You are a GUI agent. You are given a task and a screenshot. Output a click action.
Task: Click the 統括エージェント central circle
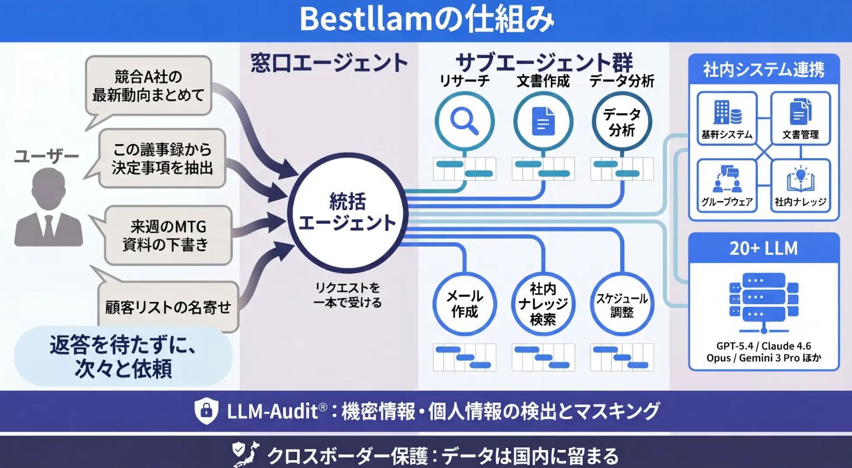point(347,212)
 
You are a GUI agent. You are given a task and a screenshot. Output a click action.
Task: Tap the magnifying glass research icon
point(465,121)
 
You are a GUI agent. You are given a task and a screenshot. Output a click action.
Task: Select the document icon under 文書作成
point(543,121)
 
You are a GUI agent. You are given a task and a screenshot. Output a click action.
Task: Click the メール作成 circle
point(465,304)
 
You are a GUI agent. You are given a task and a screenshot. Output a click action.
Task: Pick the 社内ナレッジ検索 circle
point(543,304)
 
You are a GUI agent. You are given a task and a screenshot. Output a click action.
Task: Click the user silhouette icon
point(49,207)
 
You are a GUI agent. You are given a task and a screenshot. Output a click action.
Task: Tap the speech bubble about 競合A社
point(148,86)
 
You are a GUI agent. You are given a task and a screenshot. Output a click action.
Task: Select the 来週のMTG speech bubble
point(168,235)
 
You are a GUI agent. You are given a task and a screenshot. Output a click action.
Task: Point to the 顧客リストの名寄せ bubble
point(168,306)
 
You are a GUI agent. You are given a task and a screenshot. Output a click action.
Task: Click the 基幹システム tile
point(727,118)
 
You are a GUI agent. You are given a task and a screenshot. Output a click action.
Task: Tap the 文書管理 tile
point(800,118)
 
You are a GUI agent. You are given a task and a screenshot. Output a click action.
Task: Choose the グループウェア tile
point(727,185)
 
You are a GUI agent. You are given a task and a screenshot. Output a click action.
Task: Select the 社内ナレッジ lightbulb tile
point(800,185)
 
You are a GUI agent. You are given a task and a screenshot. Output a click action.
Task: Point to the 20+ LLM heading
point(764,248)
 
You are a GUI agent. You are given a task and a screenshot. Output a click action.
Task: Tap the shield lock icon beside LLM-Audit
point(206,411)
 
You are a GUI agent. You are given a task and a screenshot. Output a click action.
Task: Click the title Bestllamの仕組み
point(427,20)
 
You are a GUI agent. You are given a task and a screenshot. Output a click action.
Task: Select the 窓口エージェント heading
point(329,63)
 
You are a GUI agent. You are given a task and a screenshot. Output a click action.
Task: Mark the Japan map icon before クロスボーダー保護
point(246,453)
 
